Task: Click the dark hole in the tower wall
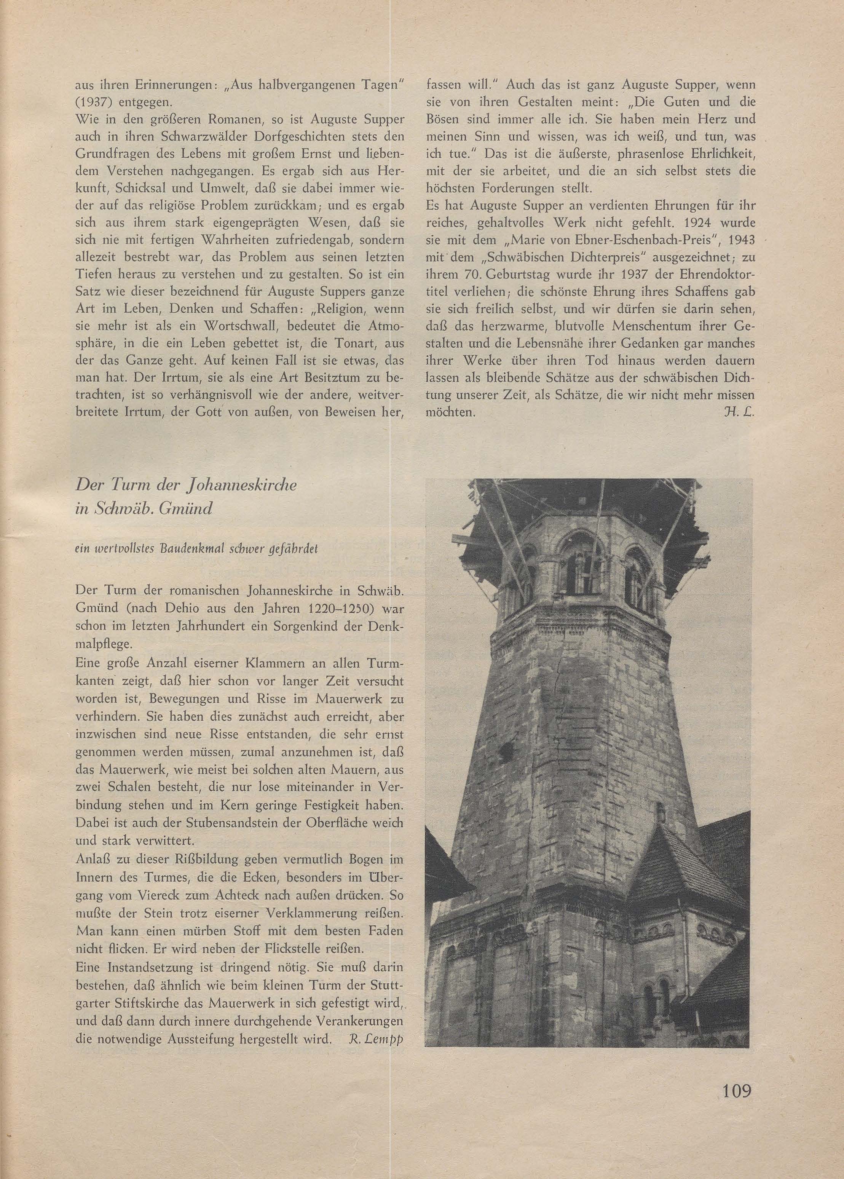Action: [504, 750]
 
